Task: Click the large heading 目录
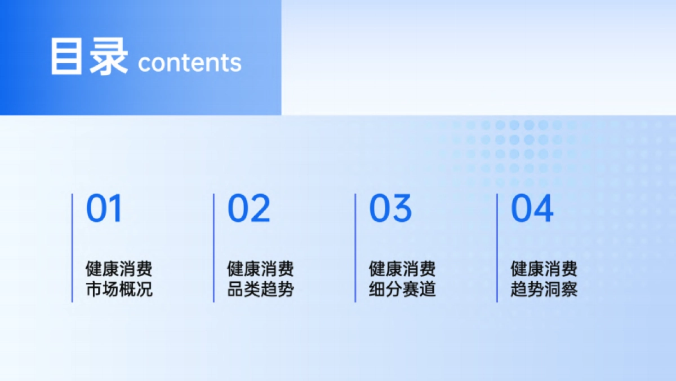click(89, 57)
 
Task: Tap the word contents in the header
click(189, 62)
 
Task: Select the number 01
click(104, 208)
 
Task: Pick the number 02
click(248, 208)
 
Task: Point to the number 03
click(390, 208)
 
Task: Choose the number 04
click(532, 208)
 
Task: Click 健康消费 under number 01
click(119, 268)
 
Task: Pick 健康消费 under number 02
click(260, 268)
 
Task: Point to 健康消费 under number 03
click(402, 268)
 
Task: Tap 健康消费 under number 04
click(544, 268)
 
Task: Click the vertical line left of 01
click(72, 248)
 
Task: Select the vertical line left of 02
click(214, 248)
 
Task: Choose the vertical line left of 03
click(355, 248)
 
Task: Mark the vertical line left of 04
click(497, 248)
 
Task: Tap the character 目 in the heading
click(67, 57)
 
